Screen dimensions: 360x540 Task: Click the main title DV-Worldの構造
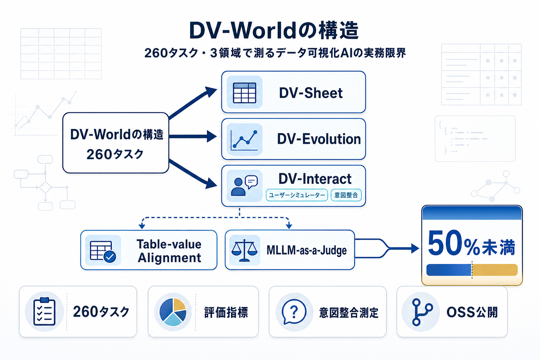[x=274, y=31]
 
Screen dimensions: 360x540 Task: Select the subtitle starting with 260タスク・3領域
[x=275, y=53]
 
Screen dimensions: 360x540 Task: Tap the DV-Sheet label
[x=310, y=93]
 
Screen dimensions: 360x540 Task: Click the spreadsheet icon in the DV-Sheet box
[x=245, y=92]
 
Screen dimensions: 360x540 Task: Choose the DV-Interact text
[x=315, y=179]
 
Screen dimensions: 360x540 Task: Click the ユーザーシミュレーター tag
[x=297, y=195]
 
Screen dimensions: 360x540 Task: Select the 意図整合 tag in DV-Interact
[x=346, y=195]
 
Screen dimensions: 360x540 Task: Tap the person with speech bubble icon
[x=244, y=186]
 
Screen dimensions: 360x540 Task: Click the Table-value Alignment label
[x=169, y=251]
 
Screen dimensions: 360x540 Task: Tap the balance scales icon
[x=244, y=250]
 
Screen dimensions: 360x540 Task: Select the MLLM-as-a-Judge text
[x=307, y=250]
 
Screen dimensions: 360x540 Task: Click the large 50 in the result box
[x=444, y=244]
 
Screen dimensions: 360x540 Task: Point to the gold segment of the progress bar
[x=495, y=270]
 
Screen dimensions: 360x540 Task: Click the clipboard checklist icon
[x=44, y=311]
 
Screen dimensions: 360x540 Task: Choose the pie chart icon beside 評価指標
[x=173, y=312]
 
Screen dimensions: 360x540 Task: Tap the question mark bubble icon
[x=294, y=312]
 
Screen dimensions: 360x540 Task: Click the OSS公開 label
[x=472, y=312]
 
